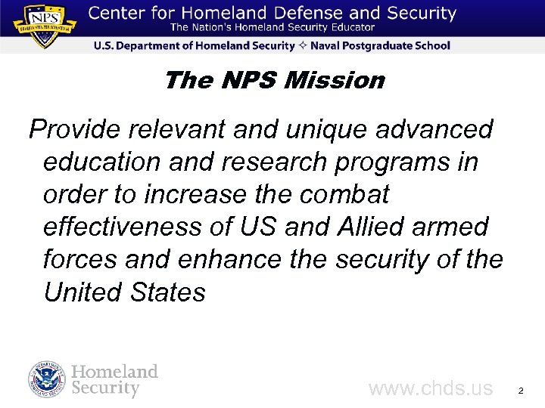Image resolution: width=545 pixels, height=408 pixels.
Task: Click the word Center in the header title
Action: (118, 14)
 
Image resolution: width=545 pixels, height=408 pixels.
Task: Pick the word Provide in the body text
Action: (75, 130)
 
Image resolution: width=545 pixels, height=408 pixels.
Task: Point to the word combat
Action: (344, 195)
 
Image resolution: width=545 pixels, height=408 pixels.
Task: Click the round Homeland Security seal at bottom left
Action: (48, 380)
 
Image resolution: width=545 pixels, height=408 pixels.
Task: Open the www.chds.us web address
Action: (430, 389)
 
